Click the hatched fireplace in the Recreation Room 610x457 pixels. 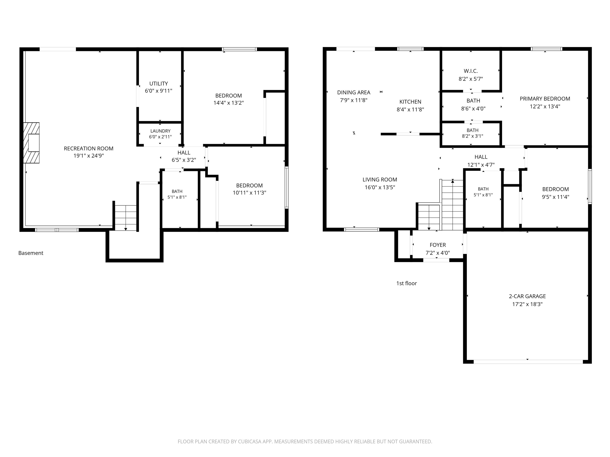pos(31,143)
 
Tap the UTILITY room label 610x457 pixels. pos(159,84)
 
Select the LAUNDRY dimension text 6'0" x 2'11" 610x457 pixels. pos(160,137)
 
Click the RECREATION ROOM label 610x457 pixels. pos(89,149)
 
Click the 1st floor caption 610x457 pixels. pos(406,283)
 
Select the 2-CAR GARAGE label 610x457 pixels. pos(527,296)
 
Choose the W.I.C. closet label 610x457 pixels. pos(471,71)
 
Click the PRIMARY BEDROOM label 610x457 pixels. pos(545,99)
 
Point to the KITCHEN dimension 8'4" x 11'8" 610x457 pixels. pos(410,109)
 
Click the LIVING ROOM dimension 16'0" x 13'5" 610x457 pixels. pos(380,187)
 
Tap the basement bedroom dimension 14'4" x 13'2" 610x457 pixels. pos(229,103)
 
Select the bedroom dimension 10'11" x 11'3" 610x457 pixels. pos(249,193)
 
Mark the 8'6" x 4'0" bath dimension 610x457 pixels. pos(473,108)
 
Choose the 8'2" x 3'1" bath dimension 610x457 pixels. pos(473,136)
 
